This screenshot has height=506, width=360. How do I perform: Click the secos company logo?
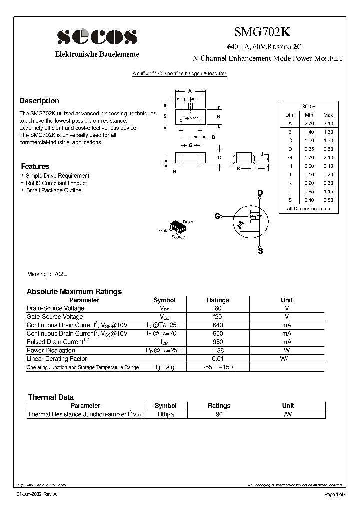[97, 37]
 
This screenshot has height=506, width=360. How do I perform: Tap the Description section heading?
[39, 101]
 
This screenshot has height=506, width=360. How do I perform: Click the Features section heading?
[35, 166]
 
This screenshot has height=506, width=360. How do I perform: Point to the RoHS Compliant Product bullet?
[56, 183]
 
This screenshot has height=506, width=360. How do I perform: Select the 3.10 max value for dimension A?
[328, 123]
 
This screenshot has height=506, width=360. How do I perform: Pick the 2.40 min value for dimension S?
[309, 200]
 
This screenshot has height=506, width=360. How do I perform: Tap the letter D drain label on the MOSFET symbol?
[260, 193]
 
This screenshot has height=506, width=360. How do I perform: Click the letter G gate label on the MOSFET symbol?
[217, 216]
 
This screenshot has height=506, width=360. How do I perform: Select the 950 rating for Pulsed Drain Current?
[218, 342]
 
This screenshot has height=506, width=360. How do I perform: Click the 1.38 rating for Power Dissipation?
[218, 350]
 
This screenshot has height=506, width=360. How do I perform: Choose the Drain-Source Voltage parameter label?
[55, 308]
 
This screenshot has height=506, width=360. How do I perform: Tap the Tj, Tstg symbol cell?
[164, 367]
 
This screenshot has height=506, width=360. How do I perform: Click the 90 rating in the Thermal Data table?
[219, 414]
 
